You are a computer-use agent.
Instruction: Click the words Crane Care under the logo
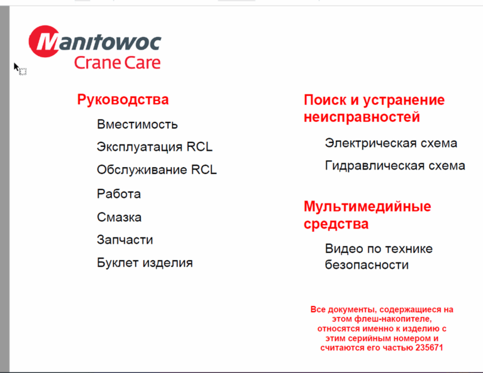click(x=117, y=63)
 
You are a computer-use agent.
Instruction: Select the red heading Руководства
click(x=123, y=99)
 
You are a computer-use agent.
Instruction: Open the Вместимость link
click(x=137, y=124)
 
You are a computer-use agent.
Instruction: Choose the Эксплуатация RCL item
click(x=155, y=147)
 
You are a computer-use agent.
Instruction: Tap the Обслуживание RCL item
click(x=157, y=170)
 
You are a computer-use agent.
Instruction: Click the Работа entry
click(x=119, y=194)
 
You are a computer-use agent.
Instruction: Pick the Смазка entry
click(x=119, y=217)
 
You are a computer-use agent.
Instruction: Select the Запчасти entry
click(x=125, y=240)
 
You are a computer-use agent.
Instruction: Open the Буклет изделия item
click(x=145, y=262)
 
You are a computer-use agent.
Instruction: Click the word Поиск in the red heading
click(x=325, y=100)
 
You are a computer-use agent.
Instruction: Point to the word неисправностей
click(x=362, y=117)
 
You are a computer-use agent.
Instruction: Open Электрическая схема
click(x=391, y=143)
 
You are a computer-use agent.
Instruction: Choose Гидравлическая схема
click(x=395, y=166)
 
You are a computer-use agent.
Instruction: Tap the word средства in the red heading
click(x=336, y=224)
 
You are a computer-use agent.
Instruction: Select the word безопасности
click(x=367, y=265)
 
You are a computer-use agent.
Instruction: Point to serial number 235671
click(x=430, y=348)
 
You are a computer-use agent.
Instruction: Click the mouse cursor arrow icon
click(x=17, y=67)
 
